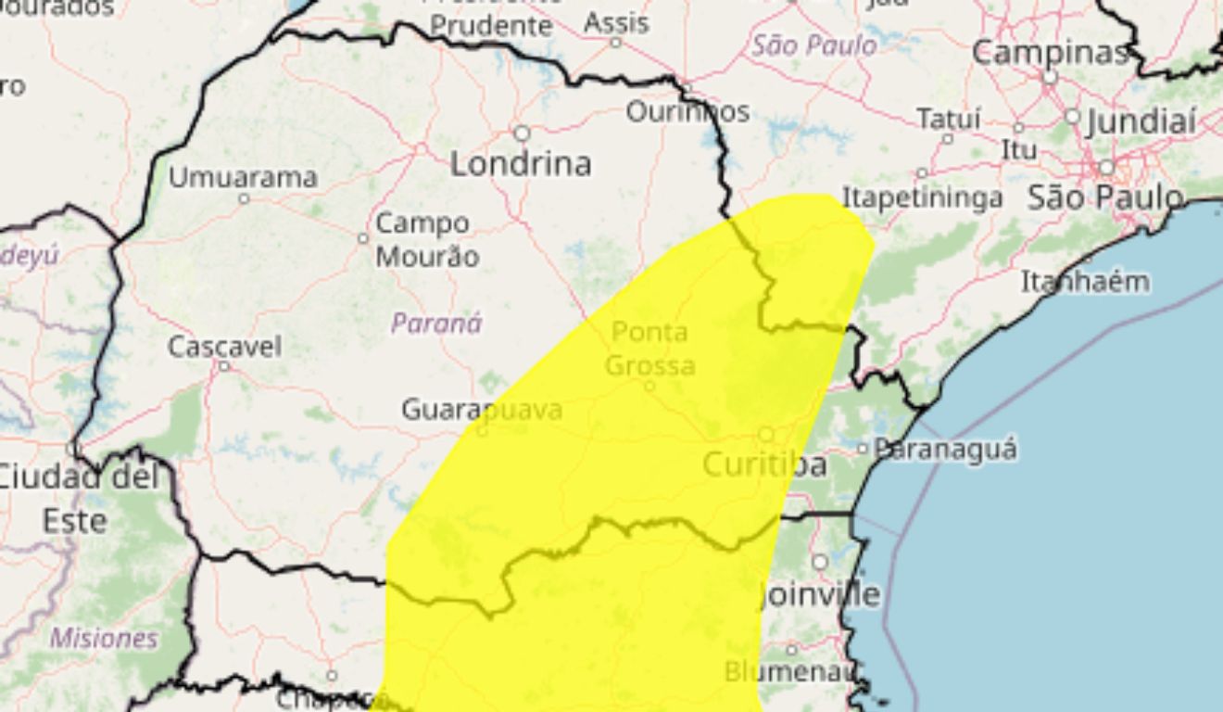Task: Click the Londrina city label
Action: [x=520, y=164]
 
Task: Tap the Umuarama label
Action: [x=243, y=176]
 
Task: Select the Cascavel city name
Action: [x=224, y=347]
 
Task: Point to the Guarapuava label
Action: [x=481, y=409]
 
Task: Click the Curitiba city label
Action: [x=764, y=464]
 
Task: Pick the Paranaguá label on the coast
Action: [x=945, y=450]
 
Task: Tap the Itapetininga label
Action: [x=922, y=197]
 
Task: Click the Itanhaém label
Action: [x=1085, y=281]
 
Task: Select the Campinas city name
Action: [x=1050, y=53]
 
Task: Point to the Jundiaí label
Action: [x=1141, y=121]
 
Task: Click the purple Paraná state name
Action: [x=436, y=324]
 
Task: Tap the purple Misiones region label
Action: [x=104, y=638]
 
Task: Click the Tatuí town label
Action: [x=948, y=119]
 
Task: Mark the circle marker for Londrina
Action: [x=522, y=133]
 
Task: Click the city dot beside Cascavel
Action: [x=223, y=366]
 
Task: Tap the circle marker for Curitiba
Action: [x=766, y=434]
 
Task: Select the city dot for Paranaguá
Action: [x=863, y=449]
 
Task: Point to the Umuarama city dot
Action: [x=244, y=198]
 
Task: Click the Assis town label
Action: [x=616, y=22]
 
